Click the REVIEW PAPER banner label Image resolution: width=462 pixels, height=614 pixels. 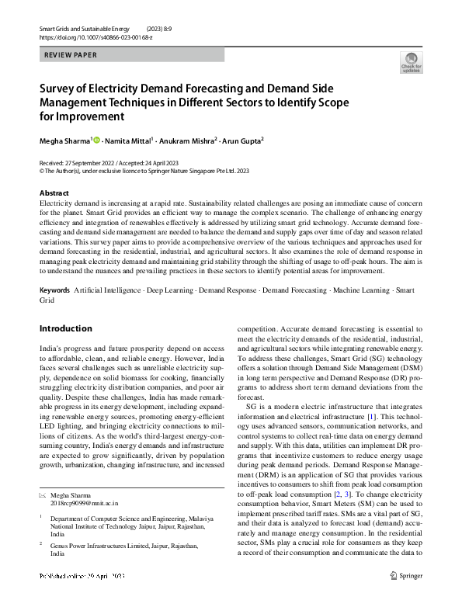[x=71, y=55]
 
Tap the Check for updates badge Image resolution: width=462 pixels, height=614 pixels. [x=411, y=63]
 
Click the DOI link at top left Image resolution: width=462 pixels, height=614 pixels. [x=85, y=36]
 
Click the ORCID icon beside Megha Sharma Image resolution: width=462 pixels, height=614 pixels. [x=97, y=140]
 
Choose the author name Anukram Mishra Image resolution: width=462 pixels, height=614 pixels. [x=189, y=140]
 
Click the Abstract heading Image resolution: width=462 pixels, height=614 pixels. [x=54, y=193]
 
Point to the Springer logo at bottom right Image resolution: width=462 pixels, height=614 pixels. [x=406, y=597]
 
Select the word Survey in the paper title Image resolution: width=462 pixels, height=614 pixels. [x=61, y=88]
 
